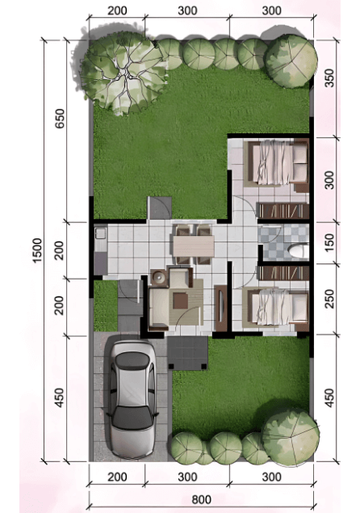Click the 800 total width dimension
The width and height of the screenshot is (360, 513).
tap(202, 499)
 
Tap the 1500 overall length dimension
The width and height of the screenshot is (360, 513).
tap(37, 250)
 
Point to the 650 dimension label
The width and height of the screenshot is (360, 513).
tap(60, 119)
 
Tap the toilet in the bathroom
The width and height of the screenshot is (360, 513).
tap(298, 252)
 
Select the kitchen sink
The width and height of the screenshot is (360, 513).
tap(100, 234)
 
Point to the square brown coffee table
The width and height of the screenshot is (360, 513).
tap(181, 301)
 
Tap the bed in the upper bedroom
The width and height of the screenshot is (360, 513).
tap(276, 163)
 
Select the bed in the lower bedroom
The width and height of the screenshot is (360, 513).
tap(275, 308)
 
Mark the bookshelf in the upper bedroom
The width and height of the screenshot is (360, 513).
tap(283, 211)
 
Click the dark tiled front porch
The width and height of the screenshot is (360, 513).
tap(188, 353)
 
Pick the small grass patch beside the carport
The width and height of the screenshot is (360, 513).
tap(106, 306)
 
